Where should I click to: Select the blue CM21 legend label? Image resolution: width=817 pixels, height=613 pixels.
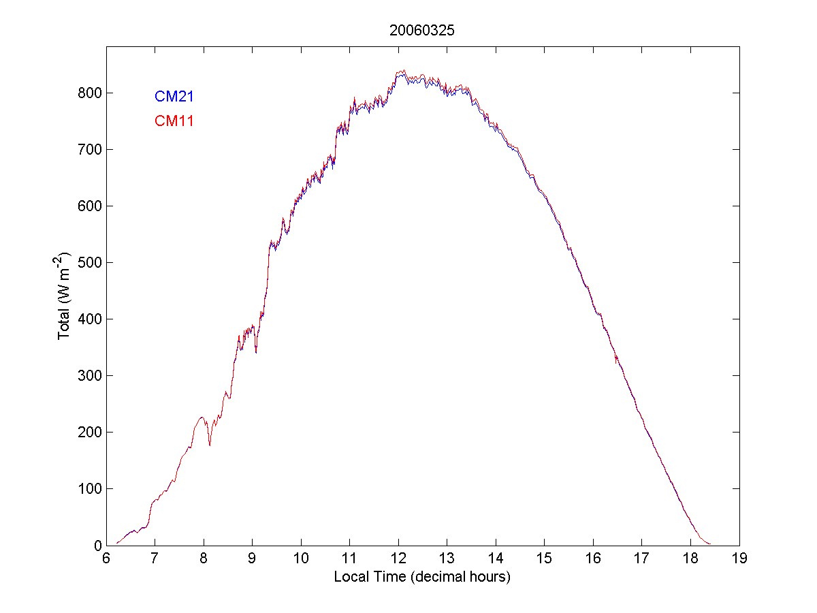(x=174, y=96)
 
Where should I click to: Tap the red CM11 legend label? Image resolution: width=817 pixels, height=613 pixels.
(x=174, y=121)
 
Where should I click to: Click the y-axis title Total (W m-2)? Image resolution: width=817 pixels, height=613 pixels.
(x=66, y=296)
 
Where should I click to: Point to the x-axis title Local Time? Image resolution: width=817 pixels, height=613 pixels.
(x=422, y=577)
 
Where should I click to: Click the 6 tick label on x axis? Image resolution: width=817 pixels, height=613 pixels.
(x=106, y=559)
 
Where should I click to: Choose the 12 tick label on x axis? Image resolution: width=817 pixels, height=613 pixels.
(x=398, y=559)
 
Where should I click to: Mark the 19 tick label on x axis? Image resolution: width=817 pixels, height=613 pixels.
(x=739, y=559)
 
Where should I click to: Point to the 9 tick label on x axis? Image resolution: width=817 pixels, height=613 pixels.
(x=253, y=559)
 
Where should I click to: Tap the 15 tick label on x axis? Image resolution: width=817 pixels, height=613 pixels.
(x=545, y=559)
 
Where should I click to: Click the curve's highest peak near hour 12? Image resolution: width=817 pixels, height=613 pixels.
(x=404, y=70)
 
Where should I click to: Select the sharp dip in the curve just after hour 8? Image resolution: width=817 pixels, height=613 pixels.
(x=210, y=445)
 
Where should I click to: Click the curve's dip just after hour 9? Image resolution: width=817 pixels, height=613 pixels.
(x=256, y=352)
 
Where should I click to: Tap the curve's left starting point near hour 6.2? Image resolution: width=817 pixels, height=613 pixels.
(x=117, y=543)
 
